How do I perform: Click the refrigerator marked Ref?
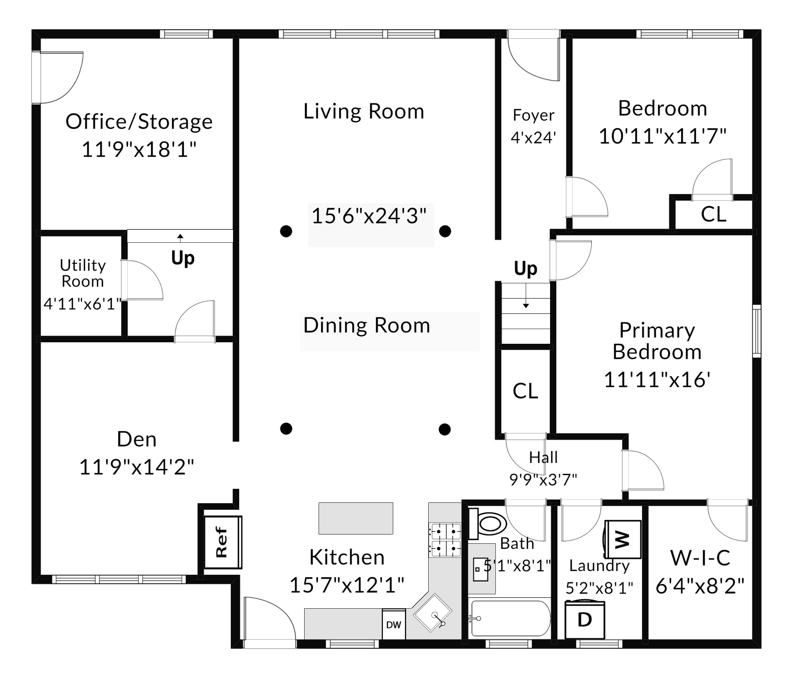223,542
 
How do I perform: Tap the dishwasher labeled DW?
394,624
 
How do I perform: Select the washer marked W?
622,539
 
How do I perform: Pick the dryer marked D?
585,620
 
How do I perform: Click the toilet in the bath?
487,523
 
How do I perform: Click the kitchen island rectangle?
356,518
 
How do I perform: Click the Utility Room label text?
83,273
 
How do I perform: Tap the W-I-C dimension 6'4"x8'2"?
700,586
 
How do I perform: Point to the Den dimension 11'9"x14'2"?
137,467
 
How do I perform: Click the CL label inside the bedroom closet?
713,214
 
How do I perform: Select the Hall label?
543,457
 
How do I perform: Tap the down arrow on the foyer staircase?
526,295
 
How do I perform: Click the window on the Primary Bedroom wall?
757,331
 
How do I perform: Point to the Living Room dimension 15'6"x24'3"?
369,216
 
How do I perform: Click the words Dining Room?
367,325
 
